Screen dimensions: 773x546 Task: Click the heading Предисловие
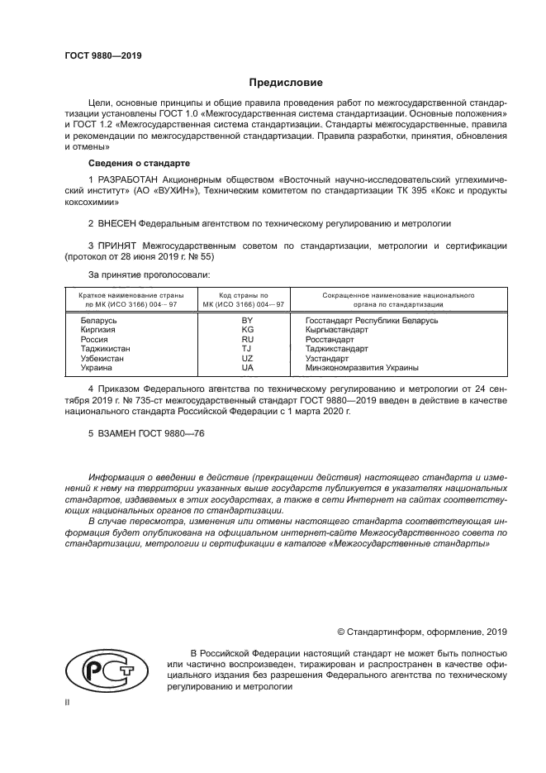(x=287, y=83)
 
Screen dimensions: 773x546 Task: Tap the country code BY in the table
(x=246, y=320)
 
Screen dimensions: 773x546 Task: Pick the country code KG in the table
(x=246, y=329)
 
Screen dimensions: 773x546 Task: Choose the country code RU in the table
(x=246, y=339)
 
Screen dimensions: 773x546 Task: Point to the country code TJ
(x=246, y=348)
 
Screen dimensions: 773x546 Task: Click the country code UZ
(x=246, y=358)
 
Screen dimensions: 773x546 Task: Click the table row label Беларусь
(x=100, y=320)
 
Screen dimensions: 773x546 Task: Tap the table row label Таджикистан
(x=105, y=348)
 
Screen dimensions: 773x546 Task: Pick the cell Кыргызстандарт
(x=336, y=329)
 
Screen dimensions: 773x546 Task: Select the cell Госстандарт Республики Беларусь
(x=371, y=320)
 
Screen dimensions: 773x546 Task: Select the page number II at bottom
(x=68, y=701)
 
